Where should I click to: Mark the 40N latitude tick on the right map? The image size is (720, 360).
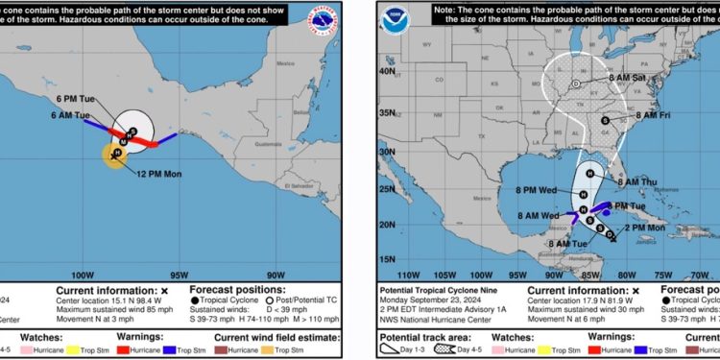388,70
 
